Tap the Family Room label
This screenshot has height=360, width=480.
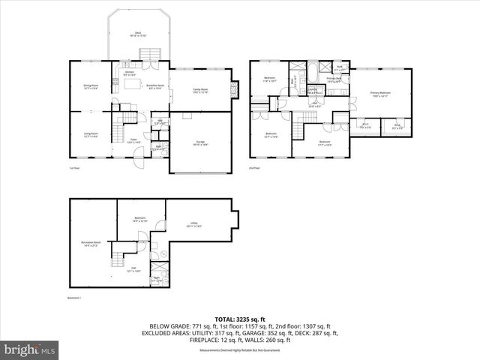point(200,91)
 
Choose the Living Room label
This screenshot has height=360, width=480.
point(90,135)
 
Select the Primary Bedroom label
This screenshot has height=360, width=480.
point(381,94)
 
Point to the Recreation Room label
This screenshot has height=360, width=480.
point(91,244)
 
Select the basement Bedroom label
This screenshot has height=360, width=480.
point(139,218)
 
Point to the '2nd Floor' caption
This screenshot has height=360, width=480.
point(256,168)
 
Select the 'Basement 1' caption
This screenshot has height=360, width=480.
point(68,298)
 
